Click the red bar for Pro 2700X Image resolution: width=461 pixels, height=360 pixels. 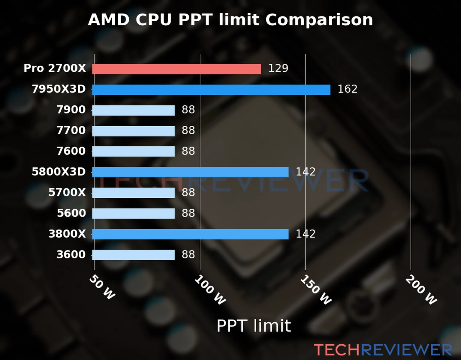pyautogui.click(x=176, y=69)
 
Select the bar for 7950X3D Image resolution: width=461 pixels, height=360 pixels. pyautogui.click(x=211, y=90)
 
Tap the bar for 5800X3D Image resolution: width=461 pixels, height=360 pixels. pyautogui.click(x=190, y=172)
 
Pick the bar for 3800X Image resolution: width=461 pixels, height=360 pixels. pyautogui.click(x=190, y=234)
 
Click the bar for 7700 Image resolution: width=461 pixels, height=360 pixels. pyautogui.click(x=133, y=131)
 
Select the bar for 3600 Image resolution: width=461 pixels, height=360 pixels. pyautogui.click(x=133, y=255)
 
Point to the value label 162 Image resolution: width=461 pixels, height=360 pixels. pyautogui.click(x=347, y=89)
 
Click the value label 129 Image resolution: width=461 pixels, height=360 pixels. pyautogui.click(x=278, y=68)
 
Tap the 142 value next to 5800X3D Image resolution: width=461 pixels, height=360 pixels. pyautogui.click(x=306, y=172)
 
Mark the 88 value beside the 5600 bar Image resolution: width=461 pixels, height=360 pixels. pyautogui.click(x=188, y=213)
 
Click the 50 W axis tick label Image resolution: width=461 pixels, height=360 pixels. pyautogui.click(x=102, y=287)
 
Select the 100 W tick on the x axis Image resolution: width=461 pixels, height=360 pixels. pyautogui.click(x=210, y=290)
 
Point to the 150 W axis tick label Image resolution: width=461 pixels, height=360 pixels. pyautogui.click(x=316, y=290)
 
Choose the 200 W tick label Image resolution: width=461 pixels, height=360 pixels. pyautogui.click(x=421, y=290)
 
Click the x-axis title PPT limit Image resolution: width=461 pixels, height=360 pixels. pyautogui.click(x=254, y=326)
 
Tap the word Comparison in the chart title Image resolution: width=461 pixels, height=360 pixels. pyautogui.click(x=319, y=20)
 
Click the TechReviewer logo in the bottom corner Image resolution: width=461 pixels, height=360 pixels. pyautogui.click(x=383, y=350)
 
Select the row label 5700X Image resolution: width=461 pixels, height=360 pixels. pyautogui.click(x=67, y=193)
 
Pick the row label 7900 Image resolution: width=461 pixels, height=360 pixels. pyautogui.click(x=71, y=110)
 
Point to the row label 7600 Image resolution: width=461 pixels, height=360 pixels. pyautogui.click(x=71, y=151)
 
